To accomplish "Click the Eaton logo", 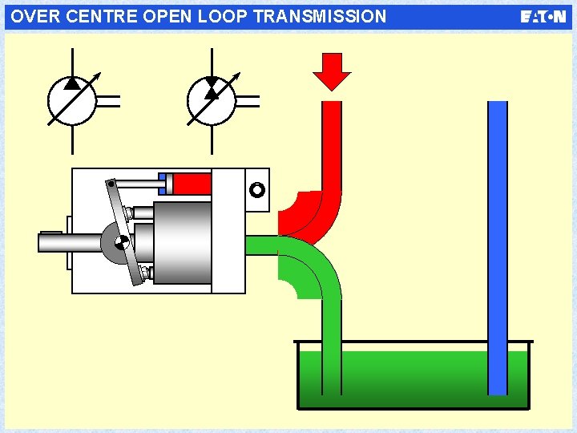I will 543,17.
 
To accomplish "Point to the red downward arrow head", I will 332,78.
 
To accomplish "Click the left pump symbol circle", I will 72,100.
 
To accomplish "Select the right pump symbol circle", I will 212,100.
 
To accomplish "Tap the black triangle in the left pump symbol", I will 72,82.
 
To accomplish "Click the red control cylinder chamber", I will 192,184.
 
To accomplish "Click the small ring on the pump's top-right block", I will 256,190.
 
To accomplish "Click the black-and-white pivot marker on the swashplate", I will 121,242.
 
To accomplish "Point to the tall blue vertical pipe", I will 498,241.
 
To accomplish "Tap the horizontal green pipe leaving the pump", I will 260,245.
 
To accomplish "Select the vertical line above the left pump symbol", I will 72,61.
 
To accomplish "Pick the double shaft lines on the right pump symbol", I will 248,100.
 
